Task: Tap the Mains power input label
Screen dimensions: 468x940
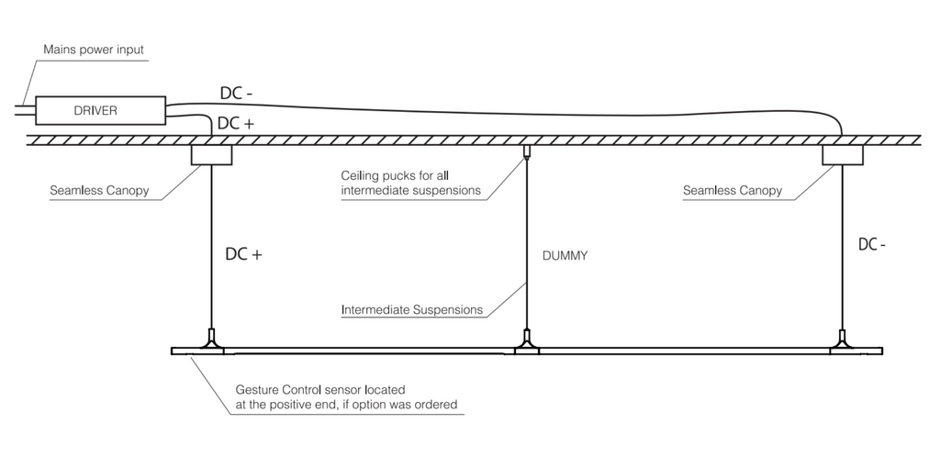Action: pyautogui.click(x=94, y=49)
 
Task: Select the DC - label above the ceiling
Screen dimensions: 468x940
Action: pyautogui.click(x=237, y=93)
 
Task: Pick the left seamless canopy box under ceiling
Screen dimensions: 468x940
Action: pyautogui.click(x=211, y=154)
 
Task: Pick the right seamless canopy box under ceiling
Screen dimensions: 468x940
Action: pyautogui.click(x=842, y=154)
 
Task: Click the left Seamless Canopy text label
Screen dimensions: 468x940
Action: pyautogui.click(x=99, y=192)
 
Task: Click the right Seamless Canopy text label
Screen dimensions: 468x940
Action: pyautogui.click(x=732, y=191)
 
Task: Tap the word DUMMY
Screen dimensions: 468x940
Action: pyautogui.click(x=565, y=256)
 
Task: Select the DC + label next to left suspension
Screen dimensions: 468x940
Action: pyautogui.click(x=244, y=255)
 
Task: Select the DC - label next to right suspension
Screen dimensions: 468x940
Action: pyautogui.click(x=871, y=245)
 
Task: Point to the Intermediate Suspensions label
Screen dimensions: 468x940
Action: pyautogui.click(x=411, y=309)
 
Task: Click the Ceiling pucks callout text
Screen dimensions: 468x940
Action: pyautogui.click(x=409, y=183)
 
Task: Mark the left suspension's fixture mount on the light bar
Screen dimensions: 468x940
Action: pyautogui.click(x=212, y=343)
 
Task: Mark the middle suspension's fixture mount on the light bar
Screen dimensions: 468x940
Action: pyautogui.click(x=526, y=343)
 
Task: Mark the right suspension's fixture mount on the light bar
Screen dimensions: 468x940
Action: pyautogui.click(x=842, y=343)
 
